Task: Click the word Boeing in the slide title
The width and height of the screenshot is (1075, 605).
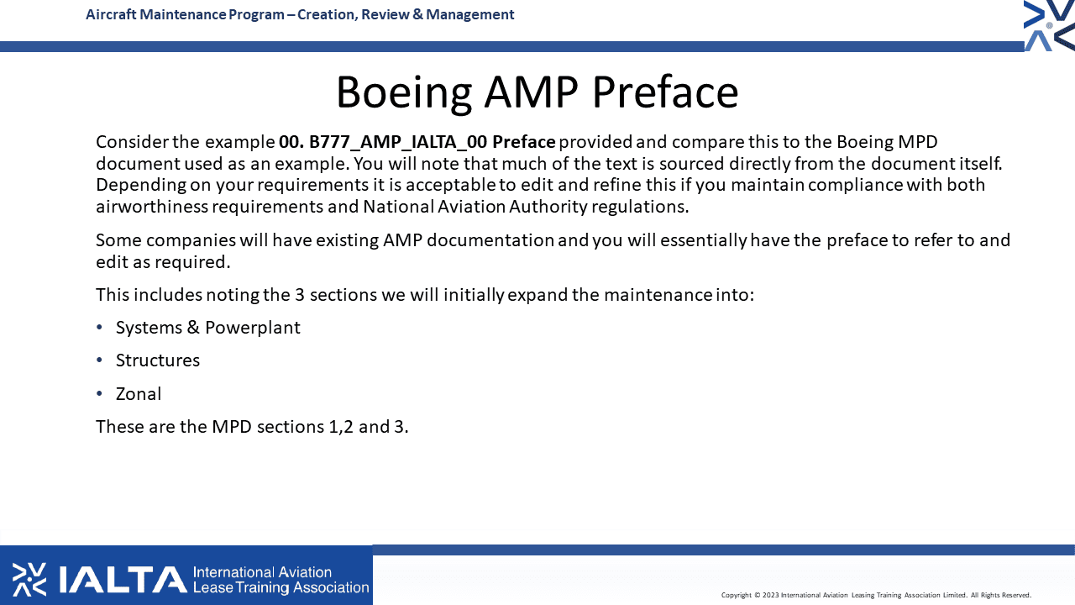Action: [x=404, y=92]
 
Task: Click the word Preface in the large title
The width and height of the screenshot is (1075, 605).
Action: [x=665, y=92]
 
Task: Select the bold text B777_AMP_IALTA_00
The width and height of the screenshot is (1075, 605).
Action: [x=398, y=142]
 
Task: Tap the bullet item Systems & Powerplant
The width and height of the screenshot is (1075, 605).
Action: [x=207, y=328]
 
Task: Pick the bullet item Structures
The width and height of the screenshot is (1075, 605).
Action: [x=157, y=360]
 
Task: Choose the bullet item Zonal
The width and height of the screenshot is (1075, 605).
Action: [x=139, y=394]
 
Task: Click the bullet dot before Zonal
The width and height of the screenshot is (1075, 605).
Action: [x=99, y=394]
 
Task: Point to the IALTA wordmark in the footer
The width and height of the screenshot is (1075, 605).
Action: [x=123, y=580]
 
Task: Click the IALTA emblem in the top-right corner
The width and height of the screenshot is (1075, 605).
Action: [x=1049, y=25]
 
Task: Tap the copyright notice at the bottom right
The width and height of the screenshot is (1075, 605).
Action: [x=876, y=595]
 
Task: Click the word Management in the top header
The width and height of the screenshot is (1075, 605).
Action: [x=469, y=14]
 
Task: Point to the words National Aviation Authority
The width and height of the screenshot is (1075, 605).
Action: [x=475, y=207]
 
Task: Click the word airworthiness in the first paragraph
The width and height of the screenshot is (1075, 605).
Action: [x=152, y=207]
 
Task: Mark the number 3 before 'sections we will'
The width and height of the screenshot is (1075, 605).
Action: [x=300, y=295]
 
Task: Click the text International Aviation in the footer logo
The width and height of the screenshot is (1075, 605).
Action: [x=262, y=572]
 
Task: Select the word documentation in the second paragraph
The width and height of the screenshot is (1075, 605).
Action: [x=490, y=240]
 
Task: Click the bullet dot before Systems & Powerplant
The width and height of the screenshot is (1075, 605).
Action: [x=99, y=328]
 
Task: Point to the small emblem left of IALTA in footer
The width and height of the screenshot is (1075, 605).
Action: [x=29, y=580]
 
